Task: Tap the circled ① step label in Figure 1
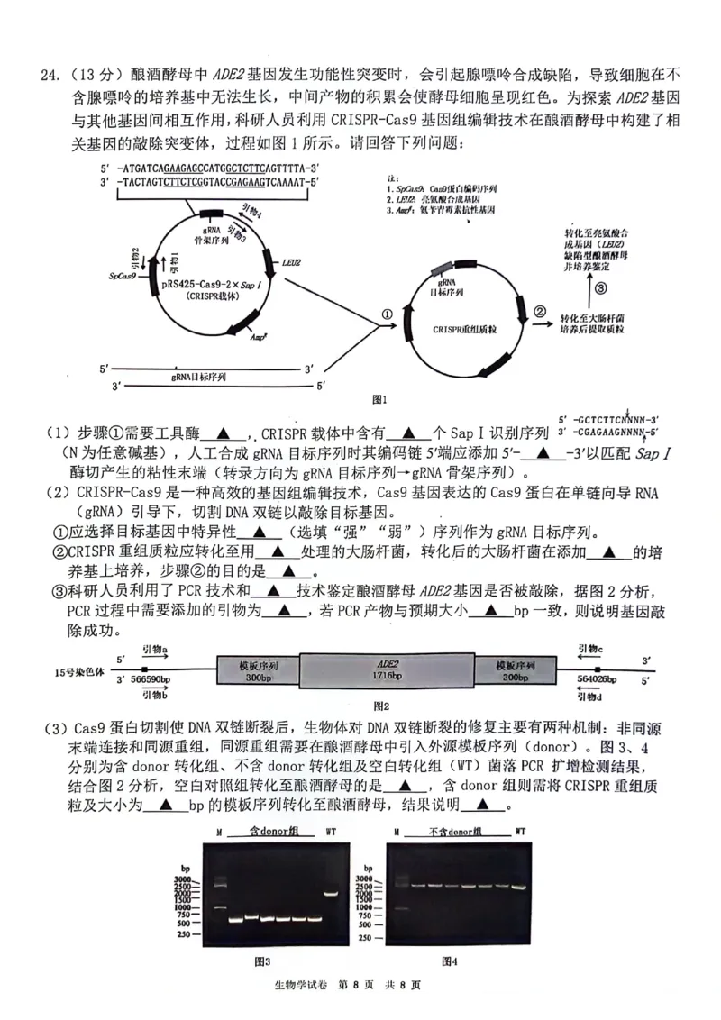tap(387, 314)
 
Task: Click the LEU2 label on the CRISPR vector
tap(290, 262)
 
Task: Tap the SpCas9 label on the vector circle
tap(122, 277)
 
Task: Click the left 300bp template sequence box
tap(258, 671)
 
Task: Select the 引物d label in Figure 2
tap(589, 696)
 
